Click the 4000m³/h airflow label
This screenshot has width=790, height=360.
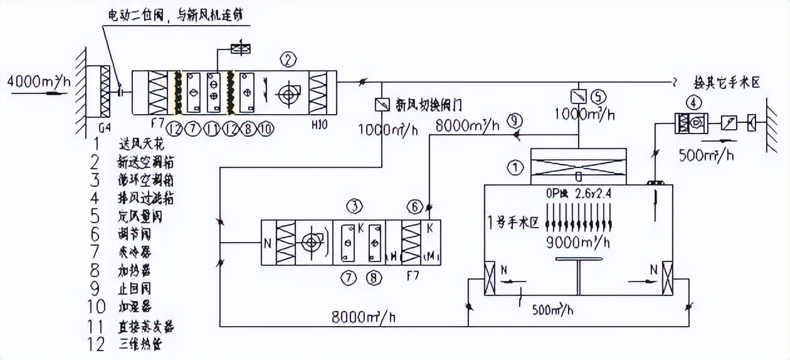[x=39, y=82]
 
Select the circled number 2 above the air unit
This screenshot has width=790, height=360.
[x=288, y=60]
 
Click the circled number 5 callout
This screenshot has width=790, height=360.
[x=599, y=97]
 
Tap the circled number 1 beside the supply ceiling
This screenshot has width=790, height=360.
[x=514, y=167]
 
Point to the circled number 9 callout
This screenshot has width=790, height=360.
[x=515, y=120]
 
